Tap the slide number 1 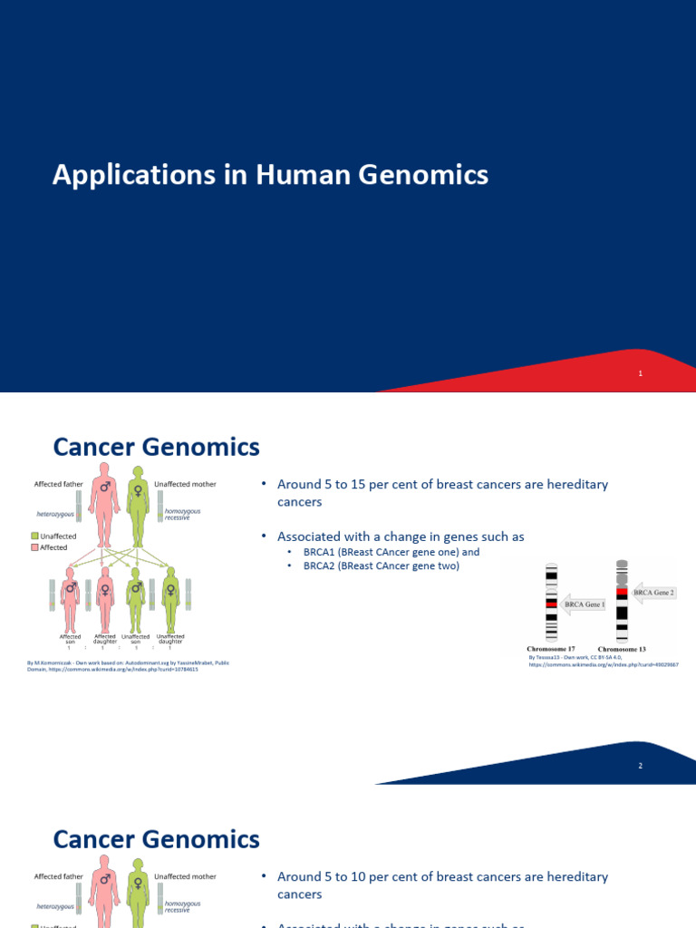[640, 373]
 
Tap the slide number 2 [640, 766]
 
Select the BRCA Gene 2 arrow [653, 592]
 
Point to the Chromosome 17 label [551, 649]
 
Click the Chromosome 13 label [622, 649]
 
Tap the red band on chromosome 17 [551, 603]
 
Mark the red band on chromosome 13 [622, 593]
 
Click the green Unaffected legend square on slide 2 [35, 536]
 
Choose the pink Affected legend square [35, 547]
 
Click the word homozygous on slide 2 [182, 512]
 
